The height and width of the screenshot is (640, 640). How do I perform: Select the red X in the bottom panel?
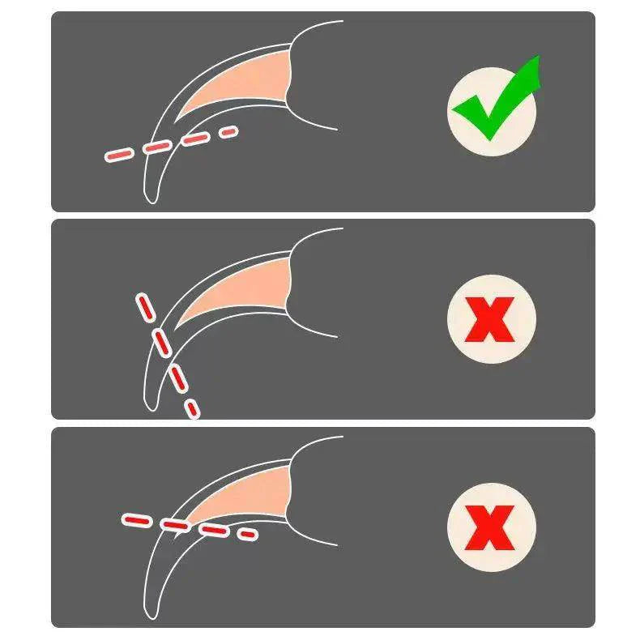point(491,525)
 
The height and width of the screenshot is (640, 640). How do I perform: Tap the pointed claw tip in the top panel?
point(152,198)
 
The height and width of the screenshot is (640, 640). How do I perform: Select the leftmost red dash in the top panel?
point(119,154)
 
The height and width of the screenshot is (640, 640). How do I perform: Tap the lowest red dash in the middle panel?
point(192,407)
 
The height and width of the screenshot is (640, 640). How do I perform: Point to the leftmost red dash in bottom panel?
point(135,518)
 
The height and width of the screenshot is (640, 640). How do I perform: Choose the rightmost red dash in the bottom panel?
point(245,534)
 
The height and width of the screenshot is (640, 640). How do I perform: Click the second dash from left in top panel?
point(156,147)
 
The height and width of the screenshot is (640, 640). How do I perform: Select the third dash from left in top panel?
point(195,139)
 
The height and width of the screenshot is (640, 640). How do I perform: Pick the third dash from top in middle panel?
point(176,375)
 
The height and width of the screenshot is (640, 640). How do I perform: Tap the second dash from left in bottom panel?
point(174,524)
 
